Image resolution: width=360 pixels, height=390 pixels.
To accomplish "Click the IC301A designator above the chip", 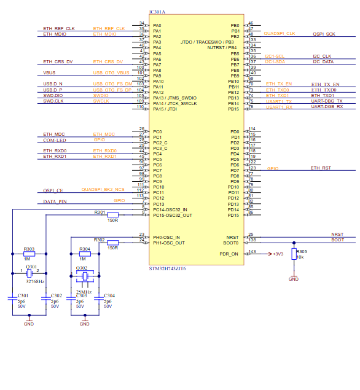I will point(158,12).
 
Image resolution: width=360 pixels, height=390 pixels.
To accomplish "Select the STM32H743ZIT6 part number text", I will point(167,268).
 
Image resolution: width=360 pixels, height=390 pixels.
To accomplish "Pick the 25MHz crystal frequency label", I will point(84,292).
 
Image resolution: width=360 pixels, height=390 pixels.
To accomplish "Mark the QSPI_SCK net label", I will point(323,34).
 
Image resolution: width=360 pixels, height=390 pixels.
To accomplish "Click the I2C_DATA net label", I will point(323,62).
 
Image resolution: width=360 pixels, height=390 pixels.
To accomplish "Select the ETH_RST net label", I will point(321,168).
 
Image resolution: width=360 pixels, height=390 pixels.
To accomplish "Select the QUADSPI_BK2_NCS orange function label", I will point(103,190).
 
